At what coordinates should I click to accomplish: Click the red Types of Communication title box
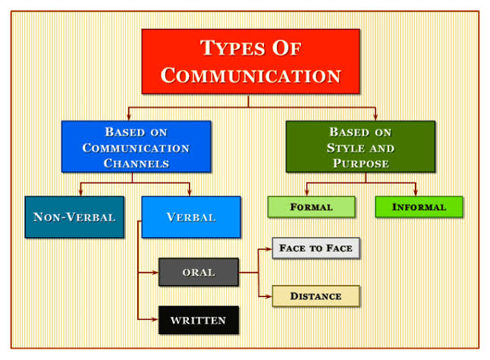pos(250,61)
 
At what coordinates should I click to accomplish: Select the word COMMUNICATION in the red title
pos(250,76)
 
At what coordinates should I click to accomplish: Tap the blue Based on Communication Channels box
pos(136,146)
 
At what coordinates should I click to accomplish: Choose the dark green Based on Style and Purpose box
pos(360,146)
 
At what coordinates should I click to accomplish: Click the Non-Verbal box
pos(74,217)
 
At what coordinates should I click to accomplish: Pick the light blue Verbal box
pos(190,217)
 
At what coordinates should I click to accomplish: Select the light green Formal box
pos(311,207)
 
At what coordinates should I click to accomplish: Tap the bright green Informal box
pos(419,207)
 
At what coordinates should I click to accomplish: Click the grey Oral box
pos(198,272)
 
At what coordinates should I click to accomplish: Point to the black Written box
pos(198,320)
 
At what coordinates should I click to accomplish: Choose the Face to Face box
pos(315,248)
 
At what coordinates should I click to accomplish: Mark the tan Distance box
pos(315,296)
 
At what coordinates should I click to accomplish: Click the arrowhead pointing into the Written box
pos(155,320)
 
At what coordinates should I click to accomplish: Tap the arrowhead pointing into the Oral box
pos(155,272)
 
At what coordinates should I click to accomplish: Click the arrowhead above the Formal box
pos(306,193)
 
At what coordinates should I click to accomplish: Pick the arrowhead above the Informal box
pos(415,193)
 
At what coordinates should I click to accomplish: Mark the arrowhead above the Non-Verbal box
pos(80,193)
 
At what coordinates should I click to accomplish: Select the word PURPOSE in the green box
pos(360,163)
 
